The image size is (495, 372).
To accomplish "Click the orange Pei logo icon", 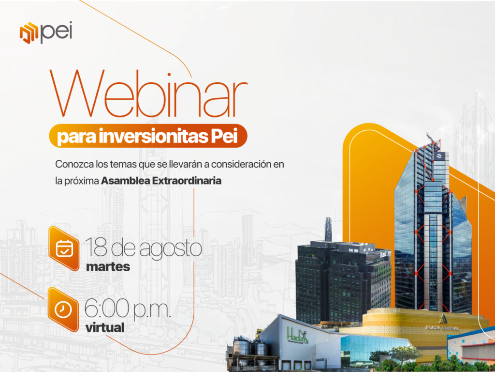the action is (29, 32).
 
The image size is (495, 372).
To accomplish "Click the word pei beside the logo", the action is (57, 32).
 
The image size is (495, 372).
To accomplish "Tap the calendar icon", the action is (64, 248).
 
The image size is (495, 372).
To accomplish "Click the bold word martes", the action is (108, 267).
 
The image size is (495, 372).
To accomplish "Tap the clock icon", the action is (63, 310).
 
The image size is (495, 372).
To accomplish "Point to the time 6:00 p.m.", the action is (128, 309).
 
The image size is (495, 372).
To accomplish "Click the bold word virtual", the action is (105, 327).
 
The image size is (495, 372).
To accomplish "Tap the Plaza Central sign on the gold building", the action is (442, 328).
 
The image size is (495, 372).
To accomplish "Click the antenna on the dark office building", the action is (328, 229).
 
